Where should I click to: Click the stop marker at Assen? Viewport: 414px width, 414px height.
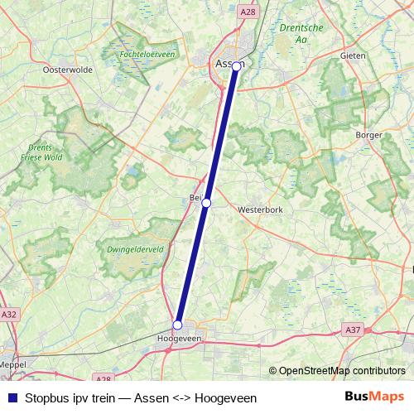(x=236, y=65)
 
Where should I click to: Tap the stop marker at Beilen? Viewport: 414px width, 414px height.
(x=206, y=203)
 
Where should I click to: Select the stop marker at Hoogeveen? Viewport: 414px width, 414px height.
(x=177, y=325)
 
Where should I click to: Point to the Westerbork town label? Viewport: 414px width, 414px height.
(x=260, y=210)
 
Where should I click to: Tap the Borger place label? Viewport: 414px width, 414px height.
(x=368, y=134)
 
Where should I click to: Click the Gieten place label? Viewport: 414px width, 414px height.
(x=354, y=55)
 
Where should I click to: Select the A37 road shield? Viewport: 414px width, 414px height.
(x=352, y=330)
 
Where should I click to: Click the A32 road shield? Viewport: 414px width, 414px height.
(x=9, y=315)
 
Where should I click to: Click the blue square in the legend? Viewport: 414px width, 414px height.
(x=11, y=397)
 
